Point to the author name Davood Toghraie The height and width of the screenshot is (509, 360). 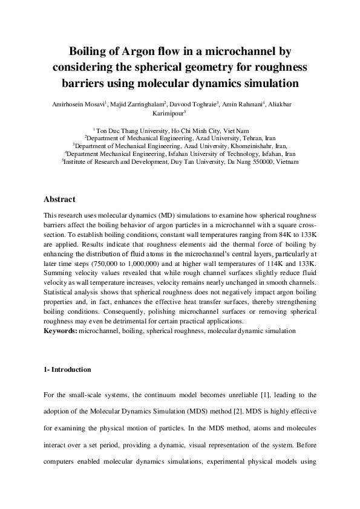pos(197,104)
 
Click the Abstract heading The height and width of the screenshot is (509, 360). pos(59,199)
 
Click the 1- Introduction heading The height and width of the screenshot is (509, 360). pos(67,369)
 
